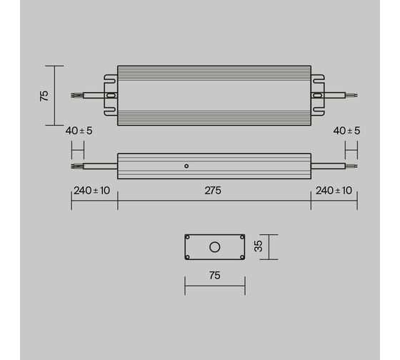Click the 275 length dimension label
213,191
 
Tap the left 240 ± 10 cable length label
92,191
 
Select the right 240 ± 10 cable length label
334,191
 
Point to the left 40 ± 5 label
79,131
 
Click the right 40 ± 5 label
346,131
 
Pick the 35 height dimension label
259,246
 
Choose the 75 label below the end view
214,276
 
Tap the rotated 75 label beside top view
44,96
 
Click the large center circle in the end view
215,247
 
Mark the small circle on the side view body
186,166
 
